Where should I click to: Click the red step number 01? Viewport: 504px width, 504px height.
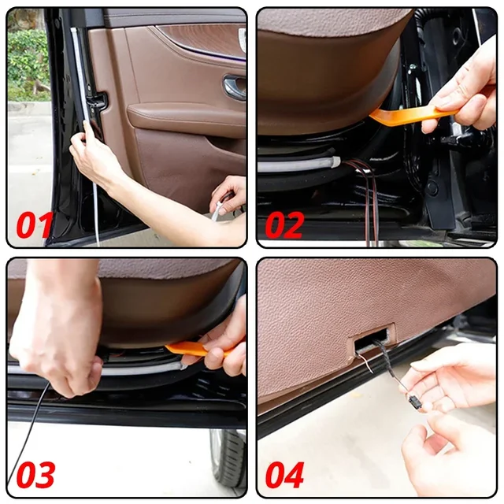(x=35, y=224)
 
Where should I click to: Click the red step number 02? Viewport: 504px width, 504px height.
(x=285, y=224)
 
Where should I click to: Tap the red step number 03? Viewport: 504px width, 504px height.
(x=35, y=475)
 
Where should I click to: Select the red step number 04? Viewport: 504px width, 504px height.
(x=285, y=475)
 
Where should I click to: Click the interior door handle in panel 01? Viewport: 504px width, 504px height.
(x=234, y=86)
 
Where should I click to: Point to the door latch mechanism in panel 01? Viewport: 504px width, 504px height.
(x=98, y=103)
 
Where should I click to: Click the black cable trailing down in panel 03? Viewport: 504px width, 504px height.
(x=28, y=431)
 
